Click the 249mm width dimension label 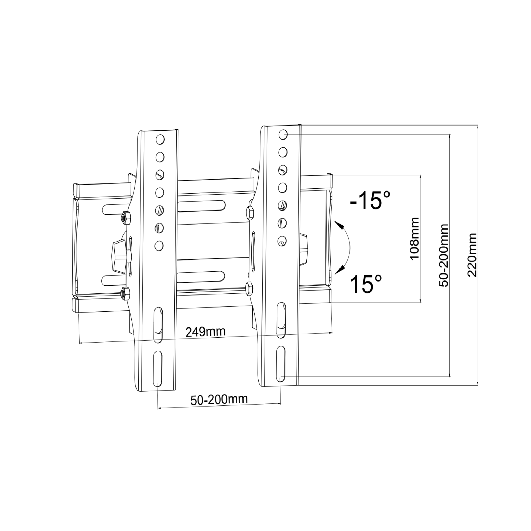point(205,332)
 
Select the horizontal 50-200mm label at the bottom point(219,400)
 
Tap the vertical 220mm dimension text point(472,255)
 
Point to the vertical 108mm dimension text point(414,238)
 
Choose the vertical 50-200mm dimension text point(443,255)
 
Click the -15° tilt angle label point(370,200)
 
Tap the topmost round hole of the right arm point(283,134)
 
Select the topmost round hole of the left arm point(160,139)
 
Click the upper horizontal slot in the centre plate point(201,206)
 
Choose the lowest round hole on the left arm point(159,245)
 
